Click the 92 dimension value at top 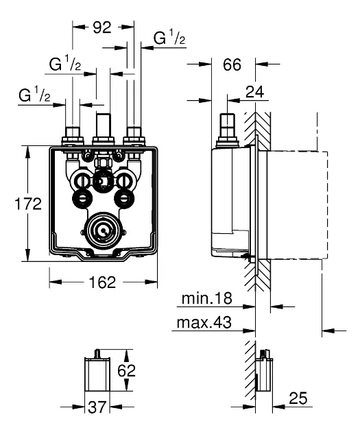(102, 27)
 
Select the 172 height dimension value (28, 204)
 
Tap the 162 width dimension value (102, 283)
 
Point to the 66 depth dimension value (232, 64)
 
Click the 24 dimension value (255, 92)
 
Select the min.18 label (207, 298)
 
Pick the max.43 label (204, 322)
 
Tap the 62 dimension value (126, 370)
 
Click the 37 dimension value (97, 407)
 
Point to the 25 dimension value (298, 398)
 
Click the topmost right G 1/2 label (169, 38)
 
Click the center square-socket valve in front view (103, 181)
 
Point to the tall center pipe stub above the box (104, 125)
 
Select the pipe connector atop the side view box (227, 130)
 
